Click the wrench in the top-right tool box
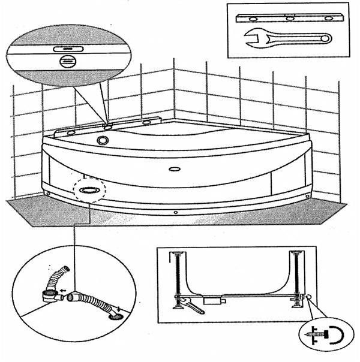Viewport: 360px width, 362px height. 289,40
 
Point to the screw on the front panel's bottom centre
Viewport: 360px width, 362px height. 175,213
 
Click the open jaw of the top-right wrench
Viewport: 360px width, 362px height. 251,40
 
